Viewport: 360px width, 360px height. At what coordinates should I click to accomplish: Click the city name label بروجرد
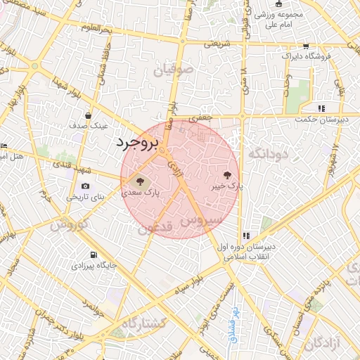tap(138, 142)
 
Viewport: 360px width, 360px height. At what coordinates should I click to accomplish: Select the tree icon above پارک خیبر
tap(227, 174)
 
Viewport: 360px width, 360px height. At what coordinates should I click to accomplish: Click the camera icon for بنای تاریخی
tap(85, 186)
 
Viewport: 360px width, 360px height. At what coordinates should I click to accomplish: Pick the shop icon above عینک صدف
tap(87, 115)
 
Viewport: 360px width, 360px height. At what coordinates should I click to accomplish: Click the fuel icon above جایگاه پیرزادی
tap(93, 255)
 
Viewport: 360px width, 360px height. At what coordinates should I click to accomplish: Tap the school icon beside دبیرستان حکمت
tap(321, 108)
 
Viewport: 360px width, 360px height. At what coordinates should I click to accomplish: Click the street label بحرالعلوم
tap(96, 28)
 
